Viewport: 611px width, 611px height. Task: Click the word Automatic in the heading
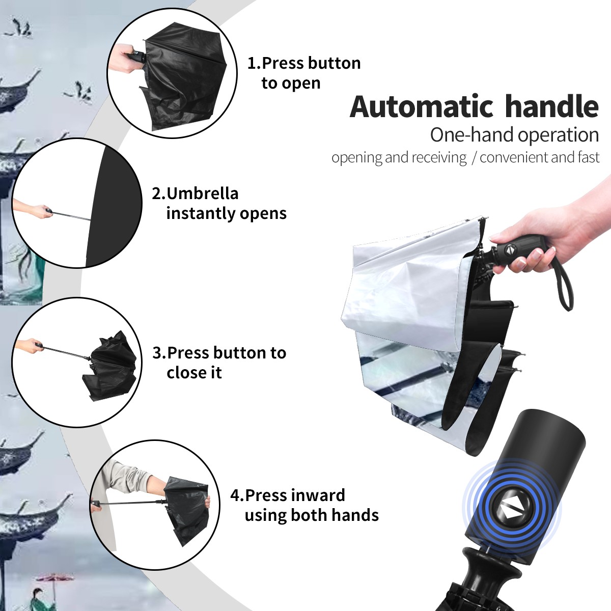422,107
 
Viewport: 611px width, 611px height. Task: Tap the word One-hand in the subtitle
472,135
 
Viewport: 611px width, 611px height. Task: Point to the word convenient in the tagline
514,157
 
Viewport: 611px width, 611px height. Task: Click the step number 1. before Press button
254,63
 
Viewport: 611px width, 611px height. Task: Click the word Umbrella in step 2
203,193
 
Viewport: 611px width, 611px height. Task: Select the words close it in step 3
194,372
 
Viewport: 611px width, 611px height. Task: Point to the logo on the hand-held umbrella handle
510,250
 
